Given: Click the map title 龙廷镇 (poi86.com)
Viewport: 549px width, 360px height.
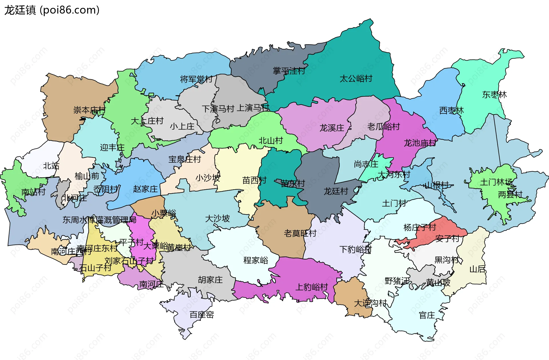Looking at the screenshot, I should (52, 10).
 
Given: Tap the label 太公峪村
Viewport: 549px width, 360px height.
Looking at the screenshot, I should (356, 79).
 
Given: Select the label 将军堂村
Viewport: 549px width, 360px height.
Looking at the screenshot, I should (196, 79).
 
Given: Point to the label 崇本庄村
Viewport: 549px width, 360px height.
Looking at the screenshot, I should (89, 110).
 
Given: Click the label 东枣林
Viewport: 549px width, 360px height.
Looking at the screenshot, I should (494, 95).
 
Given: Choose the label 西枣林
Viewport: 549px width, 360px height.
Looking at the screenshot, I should (451, 110).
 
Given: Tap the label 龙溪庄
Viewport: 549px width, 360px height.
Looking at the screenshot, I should (332, 128).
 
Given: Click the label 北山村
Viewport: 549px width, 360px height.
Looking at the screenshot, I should (270, 141).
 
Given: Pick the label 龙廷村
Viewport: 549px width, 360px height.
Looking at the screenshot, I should (336, 191).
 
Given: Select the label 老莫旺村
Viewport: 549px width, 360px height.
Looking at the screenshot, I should (300, 233).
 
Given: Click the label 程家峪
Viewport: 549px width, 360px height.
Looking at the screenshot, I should (256, 260).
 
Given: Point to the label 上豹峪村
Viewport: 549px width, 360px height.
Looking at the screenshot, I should (311, 287).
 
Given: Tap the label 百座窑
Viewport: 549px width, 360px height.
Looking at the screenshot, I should (202, 315).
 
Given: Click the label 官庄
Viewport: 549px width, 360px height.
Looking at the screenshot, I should (427, 315).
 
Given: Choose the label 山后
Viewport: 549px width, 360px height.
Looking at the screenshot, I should (477, 269).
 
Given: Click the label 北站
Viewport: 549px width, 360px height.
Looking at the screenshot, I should (51, 166).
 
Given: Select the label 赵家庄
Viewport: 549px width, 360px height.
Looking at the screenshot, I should (145, 189).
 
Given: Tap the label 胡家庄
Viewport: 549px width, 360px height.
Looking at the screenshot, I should (210, 280).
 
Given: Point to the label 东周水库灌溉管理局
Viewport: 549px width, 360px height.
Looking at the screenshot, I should (99, 220).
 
